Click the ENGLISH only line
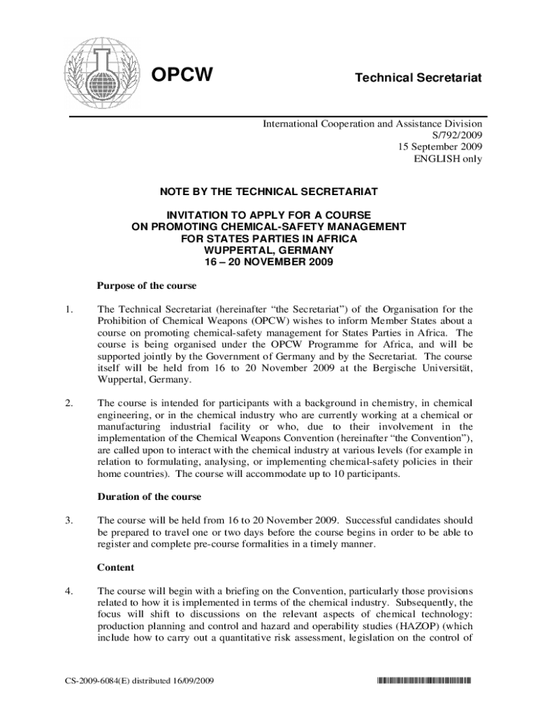(448, 159)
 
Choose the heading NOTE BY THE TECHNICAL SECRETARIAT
(269, 191)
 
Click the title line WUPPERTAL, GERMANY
(269, 250)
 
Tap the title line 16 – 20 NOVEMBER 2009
(269, 262)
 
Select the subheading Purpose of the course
(147, 285)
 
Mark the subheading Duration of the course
(149, 496)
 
